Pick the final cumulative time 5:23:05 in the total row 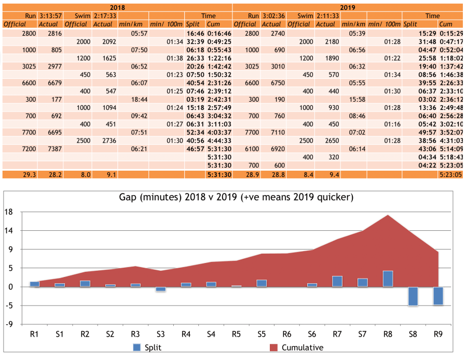(450, 175)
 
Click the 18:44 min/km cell (133, 99)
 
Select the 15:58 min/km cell (353, 99)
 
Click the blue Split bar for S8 (413, 296)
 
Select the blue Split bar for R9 (438, 296)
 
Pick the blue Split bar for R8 (388, 279)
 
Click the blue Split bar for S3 (161, 289)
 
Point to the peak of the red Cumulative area (388, 215)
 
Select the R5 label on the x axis (236, 335)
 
